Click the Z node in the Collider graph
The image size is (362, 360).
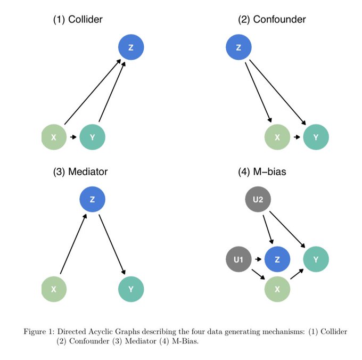pyautogui.click(x=131, y=48)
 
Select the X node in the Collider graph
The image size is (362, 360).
pyautogui.click(x=54, y=137)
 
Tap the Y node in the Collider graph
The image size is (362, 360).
pyautogui.click(x=93, y=137)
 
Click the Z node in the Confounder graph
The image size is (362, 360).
pyautogui.click(x=238, y=48)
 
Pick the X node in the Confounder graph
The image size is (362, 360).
pyautogui.click(x=277, y=137)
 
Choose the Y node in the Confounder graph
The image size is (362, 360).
pyautogui.click(x=316, y=137)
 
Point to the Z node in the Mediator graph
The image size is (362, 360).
pyautogui.click(x=93, y=200)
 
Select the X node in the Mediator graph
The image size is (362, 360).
pyautogui.click(x=54, y=290)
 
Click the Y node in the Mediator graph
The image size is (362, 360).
pyautogui.click(x=131, y=290)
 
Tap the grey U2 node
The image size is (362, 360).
pyautogui.click(x=258, y=200)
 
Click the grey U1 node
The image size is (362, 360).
pyautogui.click(x=238, y=260)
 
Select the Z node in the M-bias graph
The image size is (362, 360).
pyautogui.click(x=277, y=260)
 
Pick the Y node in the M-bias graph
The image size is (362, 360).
pyautogui.click(x=316, y=260)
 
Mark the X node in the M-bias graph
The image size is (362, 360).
pyautogui.click(x=277, y=290)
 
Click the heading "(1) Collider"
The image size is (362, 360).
pyautogui.click(x=78, y=20)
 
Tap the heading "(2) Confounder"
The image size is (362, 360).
pyautogui.click(x=272, y=20)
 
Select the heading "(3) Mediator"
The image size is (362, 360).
pyautogui.click(x=80, y=172)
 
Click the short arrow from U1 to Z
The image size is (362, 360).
pyautogui.click(x=258, y=260)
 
